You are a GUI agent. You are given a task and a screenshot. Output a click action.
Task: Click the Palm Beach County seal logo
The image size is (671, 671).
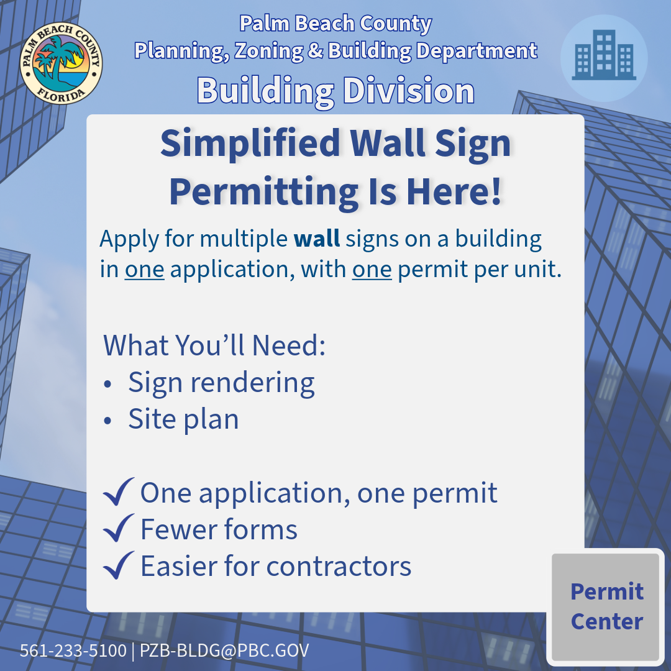(61, 63)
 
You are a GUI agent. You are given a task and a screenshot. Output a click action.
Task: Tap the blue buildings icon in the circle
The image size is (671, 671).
(604, 57)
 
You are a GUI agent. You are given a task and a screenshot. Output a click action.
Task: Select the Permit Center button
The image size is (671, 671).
(606, 606)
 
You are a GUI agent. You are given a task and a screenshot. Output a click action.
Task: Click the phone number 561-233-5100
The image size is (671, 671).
(73, 650)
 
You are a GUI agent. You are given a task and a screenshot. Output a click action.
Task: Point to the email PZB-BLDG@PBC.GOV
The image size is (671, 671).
(224, 650)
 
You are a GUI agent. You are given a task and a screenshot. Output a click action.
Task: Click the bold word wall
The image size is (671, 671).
(317, 239)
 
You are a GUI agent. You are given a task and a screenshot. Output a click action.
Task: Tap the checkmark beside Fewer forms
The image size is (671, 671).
(118, 529)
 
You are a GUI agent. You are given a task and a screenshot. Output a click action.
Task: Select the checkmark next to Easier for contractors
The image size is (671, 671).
(118, 565)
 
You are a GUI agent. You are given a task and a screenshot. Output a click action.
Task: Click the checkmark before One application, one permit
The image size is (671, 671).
(118, 492)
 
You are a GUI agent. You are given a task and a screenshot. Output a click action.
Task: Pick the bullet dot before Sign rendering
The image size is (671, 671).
(108, 385)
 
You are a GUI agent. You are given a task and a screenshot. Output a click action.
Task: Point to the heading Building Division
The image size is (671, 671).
(335, 91)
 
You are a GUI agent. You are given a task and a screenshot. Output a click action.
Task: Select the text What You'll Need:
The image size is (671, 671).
(214, 345)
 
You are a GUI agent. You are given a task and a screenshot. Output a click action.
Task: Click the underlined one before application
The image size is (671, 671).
(144, 271)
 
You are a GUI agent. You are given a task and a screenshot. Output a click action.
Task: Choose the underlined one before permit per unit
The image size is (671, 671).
(372, 271)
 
